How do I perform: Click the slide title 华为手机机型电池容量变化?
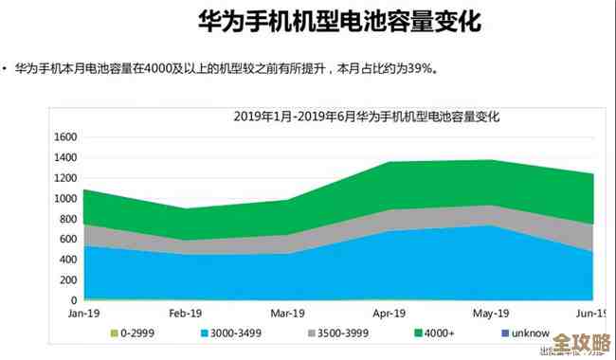(x=308, y=20)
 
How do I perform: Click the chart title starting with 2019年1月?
(x=366, y=117)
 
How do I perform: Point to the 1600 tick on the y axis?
(x=63, y=136)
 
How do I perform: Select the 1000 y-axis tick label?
(x=63, y=198)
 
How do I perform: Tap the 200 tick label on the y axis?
(x=66, y=280)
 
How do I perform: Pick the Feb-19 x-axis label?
(x=185, y=314)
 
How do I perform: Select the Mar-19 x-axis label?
(x=286, y=314)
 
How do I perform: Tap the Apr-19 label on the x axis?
(x=389, y=314)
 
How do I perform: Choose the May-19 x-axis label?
(x=490, y=314)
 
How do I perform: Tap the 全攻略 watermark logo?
(x=580, y=340)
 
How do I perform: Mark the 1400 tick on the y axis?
(x=63, y=157)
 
